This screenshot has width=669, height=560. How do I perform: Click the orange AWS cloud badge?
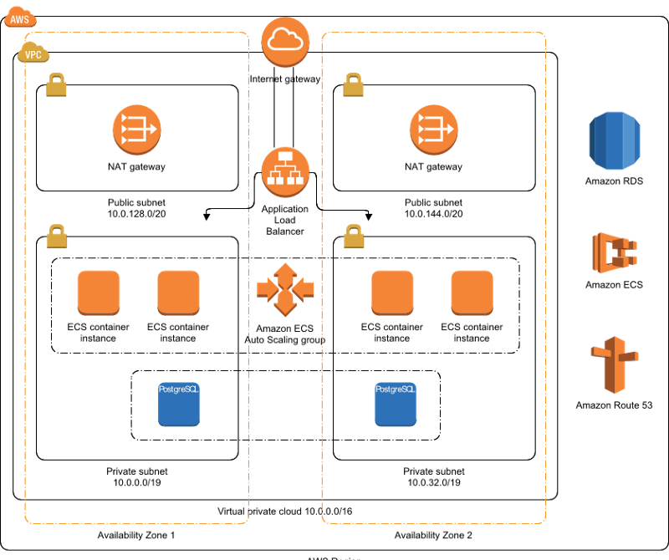tap(19, 18)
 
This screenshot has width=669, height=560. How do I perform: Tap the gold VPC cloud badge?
tap(33, 53)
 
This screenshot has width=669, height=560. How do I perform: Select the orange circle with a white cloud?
tap(285, 41)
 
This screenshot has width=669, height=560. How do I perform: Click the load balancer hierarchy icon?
tap(285, 171)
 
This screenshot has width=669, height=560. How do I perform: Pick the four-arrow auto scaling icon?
tap(285, 289)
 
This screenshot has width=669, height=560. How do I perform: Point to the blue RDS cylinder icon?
tap(615, 140)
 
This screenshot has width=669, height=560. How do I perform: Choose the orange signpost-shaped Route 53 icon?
tap(615, 364)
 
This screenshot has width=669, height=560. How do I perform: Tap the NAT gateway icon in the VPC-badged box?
tap(136, 130)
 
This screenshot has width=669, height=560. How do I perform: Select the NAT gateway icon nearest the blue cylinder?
tap(433, 130)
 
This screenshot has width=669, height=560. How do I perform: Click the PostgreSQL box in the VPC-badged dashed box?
tap(179, 404)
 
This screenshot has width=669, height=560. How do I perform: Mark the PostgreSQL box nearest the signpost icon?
tap(396, 404)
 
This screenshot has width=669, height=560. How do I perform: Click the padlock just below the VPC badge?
tap(56, 84)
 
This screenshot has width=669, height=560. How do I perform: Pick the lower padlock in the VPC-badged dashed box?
tap(57, 237)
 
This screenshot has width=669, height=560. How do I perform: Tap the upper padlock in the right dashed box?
tap(353, 84)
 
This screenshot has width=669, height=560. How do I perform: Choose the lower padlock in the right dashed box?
tap(354, 237)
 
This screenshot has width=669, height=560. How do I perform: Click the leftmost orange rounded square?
tap(99, 292)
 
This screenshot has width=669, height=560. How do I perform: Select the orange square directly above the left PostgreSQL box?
tap(178, 292)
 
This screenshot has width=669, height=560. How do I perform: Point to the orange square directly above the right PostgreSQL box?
tap(392, 292)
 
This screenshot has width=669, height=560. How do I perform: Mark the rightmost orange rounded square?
tap(472, 292)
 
